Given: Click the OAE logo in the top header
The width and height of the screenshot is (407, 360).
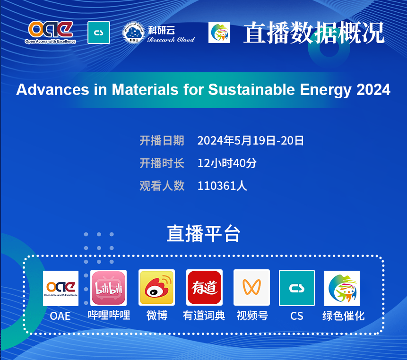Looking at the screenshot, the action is tap(51, 32).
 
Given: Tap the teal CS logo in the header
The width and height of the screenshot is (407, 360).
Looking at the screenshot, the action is tap(99, 33).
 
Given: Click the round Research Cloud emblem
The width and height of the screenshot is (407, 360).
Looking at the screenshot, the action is tap(133, 33).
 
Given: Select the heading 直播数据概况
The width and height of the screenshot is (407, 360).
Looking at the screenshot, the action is tap(313, 33).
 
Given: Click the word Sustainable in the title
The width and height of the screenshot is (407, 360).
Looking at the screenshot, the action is tap(251, 89).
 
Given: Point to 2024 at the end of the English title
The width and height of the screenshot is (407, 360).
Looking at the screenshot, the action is tap(373, 89).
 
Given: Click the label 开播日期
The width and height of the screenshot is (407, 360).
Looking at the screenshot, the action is tap(162, 141).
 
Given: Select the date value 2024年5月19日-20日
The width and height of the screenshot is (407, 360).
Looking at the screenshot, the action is tap(251, 141).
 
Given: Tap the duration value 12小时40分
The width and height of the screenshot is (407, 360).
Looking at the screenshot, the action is tap(227, 163).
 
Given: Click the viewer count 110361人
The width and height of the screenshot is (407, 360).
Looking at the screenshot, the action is tap(222, 186).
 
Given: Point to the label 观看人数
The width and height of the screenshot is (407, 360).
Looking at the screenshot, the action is tap(162, 186).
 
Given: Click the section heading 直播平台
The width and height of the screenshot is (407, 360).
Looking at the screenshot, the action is tap(203, 234).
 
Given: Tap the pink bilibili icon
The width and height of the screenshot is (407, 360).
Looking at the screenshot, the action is tap(109, 288).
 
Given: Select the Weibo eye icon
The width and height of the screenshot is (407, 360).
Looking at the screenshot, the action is tap(156, 287).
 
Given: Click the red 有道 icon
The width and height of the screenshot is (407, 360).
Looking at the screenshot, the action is tap(204, 287).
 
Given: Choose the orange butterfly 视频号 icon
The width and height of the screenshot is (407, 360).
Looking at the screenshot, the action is tap(251, 287).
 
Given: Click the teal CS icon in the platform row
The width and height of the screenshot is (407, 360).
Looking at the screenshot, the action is tap(297, 288).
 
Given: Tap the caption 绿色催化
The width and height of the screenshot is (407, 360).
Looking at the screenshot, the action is tap(343, 316).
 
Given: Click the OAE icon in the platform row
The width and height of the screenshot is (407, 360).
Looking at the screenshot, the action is tap(61, 288).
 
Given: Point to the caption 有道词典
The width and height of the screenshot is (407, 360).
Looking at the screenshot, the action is tap(204, 316).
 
